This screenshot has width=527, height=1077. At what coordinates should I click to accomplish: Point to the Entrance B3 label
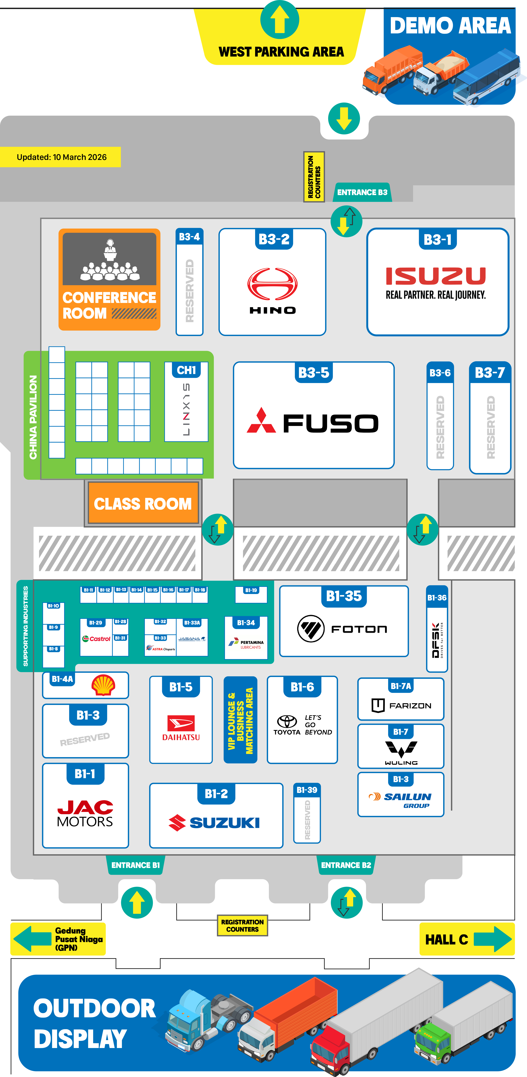pyautogui.click(x=362, y=192)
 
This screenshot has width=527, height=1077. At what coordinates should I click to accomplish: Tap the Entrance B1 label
pyautogui.click(x=135, y=865)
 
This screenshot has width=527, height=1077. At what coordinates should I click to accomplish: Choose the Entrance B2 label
pyautogui.click(x=346, y=865)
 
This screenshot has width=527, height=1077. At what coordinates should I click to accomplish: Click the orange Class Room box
pyautogui.click(x=143, y=503)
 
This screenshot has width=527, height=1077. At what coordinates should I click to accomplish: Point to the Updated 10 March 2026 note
pyautogui.click(x=61, y=157)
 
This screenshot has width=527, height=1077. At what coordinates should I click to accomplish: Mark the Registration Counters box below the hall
pyautogui.click(x=242, y=925)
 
